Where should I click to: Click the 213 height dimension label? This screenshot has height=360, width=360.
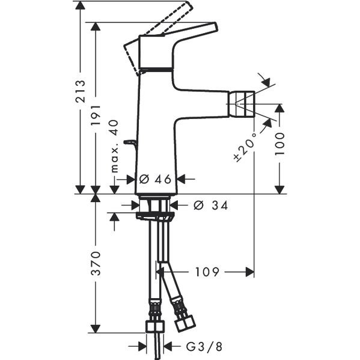[81, 91]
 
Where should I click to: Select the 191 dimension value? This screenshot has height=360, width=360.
[96, 115]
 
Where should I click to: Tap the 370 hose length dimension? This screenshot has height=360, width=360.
[96, 263]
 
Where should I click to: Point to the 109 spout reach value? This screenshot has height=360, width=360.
[207, 272]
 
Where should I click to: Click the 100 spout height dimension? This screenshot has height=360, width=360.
[279, 144]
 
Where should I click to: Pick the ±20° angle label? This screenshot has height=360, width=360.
[245, 147]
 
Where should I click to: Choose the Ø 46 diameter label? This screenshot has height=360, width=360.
[155, 179]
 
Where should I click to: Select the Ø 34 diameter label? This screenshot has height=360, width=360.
[210, 206]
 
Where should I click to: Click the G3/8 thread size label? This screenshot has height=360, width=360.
[204, 346]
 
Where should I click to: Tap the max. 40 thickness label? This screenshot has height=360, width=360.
[114, 146]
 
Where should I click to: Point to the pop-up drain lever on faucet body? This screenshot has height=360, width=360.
[130, 142]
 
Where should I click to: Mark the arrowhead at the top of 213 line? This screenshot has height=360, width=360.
[81, 5]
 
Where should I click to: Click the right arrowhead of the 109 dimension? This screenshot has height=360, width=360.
[250, 272]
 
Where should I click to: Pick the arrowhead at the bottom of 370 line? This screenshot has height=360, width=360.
[96, 329]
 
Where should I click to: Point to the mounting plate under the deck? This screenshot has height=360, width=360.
[155, 216]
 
